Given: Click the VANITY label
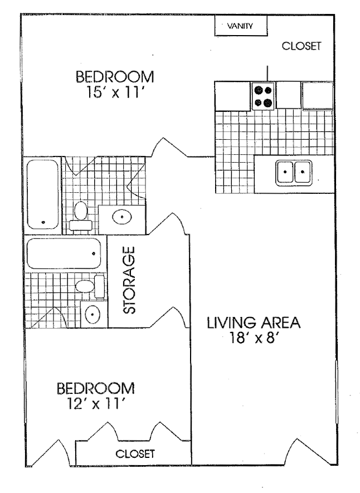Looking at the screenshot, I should point(241,26).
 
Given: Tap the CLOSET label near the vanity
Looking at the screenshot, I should point(301,47).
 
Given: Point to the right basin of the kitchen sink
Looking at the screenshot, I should point(303,172).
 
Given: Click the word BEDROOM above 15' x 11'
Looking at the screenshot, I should point(115,76).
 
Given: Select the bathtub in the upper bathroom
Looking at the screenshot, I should point(43,194).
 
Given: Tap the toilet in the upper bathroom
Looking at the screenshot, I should point(80,216).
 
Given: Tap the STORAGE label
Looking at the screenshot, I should point(129,282).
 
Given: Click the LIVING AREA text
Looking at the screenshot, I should point(254,323).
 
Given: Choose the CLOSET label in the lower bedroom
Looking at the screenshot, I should point(135,453).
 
